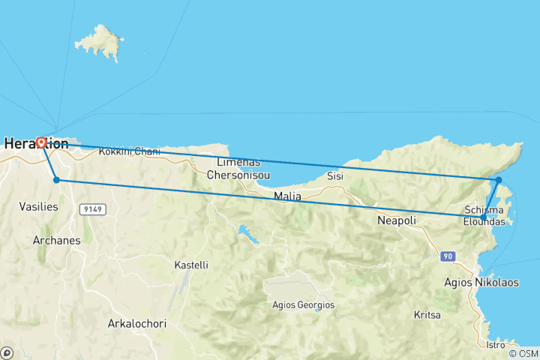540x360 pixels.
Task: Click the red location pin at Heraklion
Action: [42, 141]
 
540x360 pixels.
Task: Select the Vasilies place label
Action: [39, 206]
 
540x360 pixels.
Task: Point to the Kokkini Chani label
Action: [130, 151]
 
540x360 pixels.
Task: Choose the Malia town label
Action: [287, 196]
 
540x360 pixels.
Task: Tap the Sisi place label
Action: [334, 176]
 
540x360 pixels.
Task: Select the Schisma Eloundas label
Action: [488, 216]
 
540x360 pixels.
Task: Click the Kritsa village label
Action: [428, 316]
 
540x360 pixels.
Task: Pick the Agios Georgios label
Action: [303, 305]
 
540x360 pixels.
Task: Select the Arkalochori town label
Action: [136, 324]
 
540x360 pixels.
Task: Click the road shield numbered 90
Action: [448, 256]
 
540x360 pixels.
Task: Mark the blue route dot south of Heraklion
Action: [56, 180]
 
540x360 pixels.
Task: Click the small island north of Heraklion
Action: [102, 43]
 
